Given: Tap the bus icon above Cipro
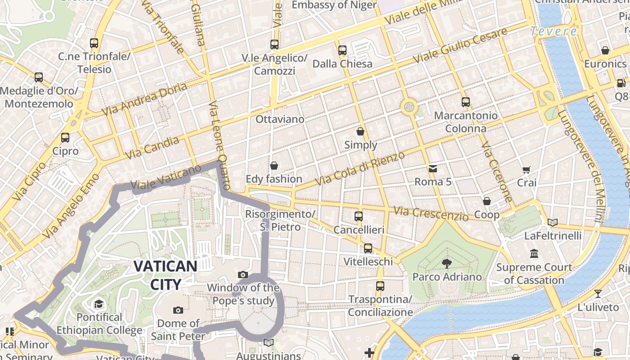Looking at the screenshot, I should [x=65, y=138].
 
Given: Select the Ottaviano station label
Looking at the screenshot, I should [x=280, y=119].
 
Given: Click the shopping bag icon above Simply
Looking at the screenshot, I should [x=360, y=131].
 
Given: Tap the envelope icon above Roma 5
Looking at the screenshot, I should [x=432, y=169].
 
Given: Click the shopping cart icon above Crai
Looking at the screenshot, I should [x=526, y=170].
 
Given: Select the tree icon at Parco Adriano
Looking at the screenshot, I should [x=447, y=263].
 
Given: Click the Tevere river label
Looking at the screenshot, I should [x=553, y=31].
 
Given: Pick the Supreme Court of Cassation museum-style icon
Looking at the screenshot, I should [x=534, y=254].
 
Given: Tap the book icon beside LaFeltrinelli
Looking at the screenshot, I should [x=553, y=222].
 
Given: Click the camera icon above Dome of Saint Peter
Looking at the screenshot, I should [x=178, y=310].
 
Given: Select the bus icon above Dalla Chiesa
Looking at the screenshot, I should [x=342, y=50].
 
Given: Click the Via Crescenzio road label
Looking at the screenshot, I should [x=431, y=213].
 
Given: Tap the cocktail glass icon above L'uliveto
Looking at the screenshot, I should [x=598, y=294].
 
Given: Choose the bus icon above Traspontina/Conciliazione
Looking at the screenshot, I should [x=380, y=286].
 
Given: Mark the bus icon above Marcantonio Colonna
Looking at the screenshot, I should [x=466, y=102].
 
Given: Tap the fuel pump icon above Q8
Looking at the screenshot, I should [x=621, y=83].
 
